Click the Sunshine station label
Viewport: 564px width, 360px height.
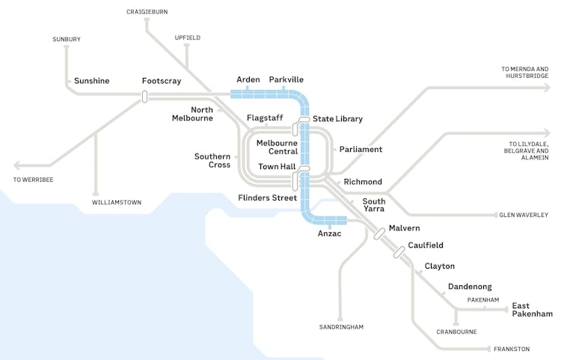pyautogui.click(x=91, y=81)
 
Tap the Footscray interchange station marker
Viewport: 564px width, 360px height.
pyautogui.click(x=144, y=96)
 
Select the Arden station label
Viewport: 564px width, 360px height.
pyautogui.click(x=248, y=79)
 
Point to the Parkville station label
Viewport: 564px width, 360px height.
pyautogui.click(x=286, y=79)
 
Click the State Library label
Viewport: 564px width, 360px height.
pyautogui.click(x=337, y=119)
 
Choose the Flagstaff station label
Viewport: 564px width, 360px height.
pyautogui.click(x=265, y=118)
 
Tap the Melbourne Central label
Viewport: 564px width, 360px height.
pyautogui.click(x=277, y=147)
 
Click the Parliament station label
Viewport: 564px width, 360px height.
pyautogui.click(x=361, y=150)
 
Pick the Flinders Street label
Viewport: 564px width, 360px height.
pyautogui.click(x=267, y=198)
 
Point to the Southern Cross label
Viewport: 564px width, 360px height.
pyautogui.click(x=212, y=160)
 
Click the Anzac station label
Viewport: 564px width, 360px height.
pyautogui.click(x=329, y=234)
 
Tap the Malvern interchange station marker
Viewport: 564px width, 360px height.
pyautogui.click(x=380, y=234)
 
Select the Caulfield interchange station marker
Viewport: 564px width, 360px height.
pyautogui.click(x=399, y=251)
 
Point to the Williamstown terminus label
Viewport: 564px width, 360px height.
pyautogui.click(x=117, y=203)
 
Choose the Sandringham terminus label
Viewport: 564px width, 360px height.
pyautogui.click(x=341, y=327)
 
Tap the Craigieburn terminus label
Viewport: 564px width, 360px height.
pyautogui.click(x=147, y=13)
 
